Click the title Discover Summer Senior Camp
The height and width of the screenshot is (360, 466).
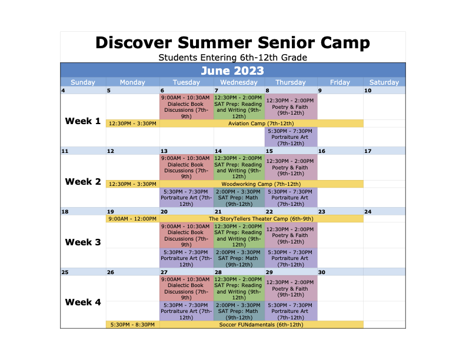pos(232,43)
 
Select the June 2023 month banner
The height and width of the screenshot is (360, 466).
pos(232,71)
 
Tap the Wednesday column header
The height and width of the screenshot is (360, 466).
pos(239,82)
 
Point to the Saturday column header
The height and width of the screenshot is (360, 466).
pos(384,82)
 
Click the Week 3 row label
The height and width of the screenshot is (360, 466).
pos(83,242)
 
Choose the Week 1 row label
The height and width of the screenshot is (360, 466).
pos(83,121)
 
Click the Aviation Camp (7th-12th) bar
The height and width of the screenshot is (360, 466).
pos(261,124)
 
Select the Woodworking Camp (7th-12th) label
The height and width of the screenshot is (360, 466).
pos(261,184)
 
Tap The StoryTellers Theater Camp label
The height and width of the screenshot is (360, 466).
pos(261,219)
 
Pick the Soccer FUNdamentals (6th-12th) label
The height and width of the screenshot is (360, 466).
pos(261,325)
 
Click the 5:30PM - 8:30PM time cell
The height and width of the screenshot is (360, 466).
pos(132,325)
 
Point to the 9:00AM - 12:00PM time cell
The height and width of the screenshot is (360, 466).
pos(132,219)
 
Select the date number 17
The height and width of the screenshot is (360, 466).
pos(368,151)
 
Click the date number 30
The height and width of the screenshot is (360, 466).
pos(322,272)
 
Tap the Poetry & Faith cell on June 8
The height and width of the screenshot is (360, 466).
pos(291,107)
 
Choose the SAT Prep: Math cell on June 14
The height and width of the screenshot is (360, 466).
pos(239,198)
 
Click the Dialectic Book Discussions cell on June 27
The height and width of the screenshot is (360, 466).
pos(187,288)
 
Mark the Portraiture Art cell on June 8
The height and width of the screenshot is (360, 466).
pos(291,137)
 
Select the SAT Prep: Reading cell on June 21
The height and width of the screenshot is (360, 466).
pos(239,235)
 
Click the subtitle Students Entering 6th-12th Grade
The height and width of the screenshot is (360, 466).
pos(232,58)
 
